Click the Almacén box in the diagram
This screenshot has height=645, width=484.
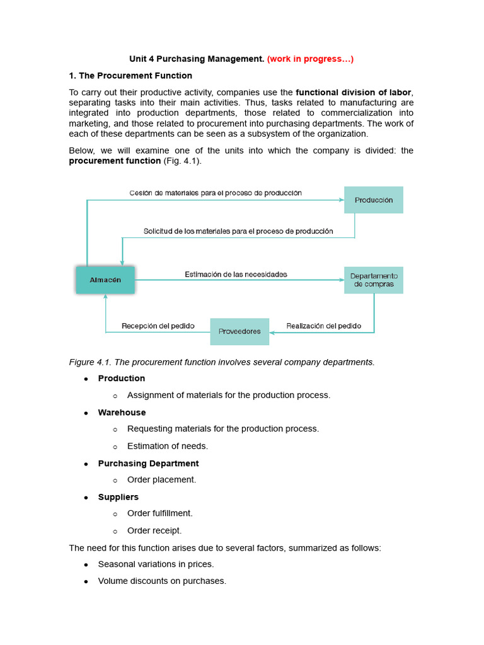pos(105,280)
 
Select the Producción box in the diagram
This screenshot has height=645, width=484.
pos(374,200)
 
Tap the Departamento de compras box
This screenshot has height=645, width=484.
pos(374,280)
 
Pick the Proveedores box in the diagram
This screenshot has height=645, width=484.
pos(239,331)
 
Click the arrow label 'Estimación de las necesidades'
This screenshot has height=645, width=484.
pos(236,274)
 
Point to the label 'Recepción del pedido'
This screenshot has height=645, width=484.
pos(158,326)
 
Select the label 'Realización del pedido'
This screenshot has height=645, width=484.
pos(323,326)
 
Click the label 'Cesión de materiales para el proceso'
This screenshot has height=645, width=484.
pos(216,193)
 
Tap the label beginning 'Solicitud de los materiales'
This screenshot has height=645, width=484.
pos(238,231)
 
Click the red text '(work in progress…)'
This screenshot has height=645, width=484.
pos(310,59)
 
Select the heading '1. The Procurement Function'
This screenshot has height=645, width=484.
pos(130,76)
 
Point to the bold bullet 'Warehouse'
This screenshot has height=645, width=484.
pos(122,413)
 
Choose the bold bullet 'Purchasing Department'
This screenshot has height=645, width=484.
pos(148,464)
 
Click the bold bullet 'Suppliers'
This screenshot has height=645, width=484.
pos(118,497)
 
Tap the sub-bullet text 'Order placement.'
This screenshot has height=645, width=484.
pos(161,480)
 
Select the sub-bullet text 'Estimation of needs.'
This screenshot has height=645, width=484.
pos(167,446)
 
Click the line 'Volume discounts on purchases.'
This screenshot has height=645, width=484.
pos(162,581)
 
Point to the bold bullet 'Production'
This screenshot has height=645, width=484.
pos(121,379)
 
